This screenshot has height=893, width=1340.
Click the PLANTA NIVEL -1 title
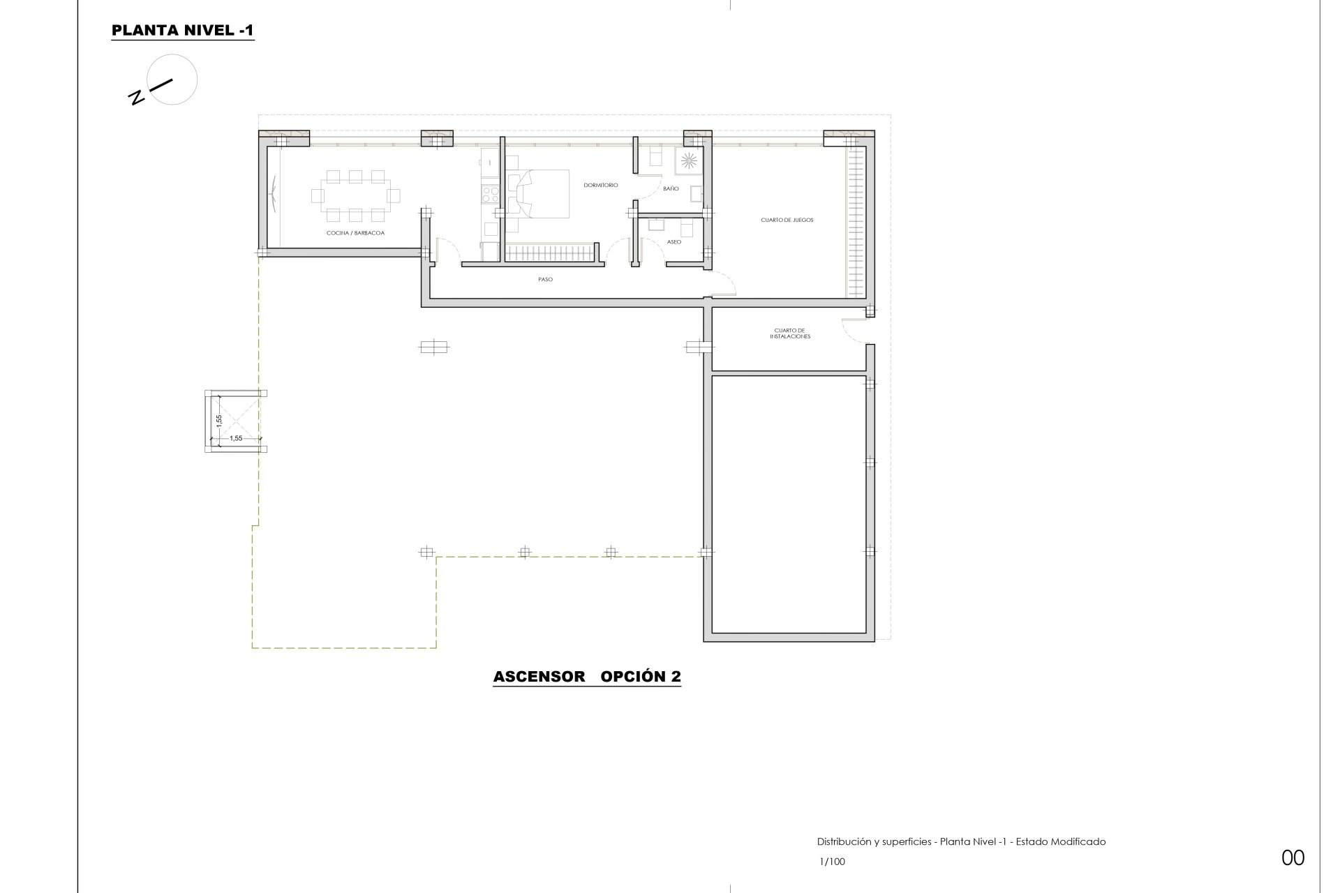coord(183,31)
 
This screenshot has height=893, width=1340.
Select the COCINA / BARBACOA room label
coord(356,232)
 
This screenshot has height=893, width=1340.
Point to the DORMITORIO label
coord(601,185)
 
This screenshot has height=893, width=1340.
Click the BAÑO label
coord(671,189)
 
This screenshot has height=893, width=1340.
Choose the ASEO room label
coord(674,242)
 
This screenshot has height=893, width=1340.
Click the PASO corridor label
coord(545,280)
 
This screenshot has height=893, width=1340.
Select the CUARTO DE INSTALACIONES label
coord(790,333)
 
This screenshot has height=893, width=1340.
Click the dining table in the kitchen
coord(356,195)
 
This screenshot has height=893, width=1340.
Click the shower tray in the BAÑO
coord(689,160)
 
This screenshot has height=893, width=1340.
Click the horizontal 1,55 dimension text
coord(236,438)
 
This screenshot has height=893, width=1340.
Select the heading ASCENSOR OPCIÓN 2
coord(587,677)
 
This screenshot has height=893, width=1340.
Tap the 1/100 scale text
coord(832,862)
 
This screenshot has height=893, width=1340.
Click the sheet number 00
coord(1293,857)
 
